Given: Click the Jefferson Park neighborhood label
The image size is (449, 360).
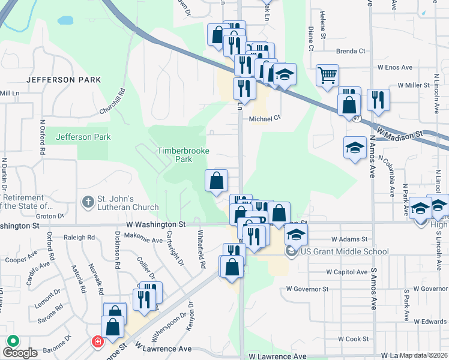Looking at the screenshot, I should click(59, 79).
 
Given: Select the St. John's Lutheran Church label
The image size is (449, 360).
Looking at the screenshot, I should click(128, 203).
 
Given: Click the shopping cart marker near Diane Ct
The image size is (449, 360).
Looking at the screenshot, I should click(327, 76).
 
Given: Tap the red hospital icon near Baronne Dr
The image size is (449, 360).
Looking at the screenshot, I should click(96, 342).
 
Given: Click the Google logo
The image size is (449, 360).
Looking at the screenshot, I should click(20, 353).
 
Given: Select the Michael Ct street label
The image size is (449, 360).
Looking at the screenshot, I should click(265, 118).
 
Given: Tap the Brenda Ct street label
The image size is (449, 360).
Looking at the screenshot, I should click(351, 51).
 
